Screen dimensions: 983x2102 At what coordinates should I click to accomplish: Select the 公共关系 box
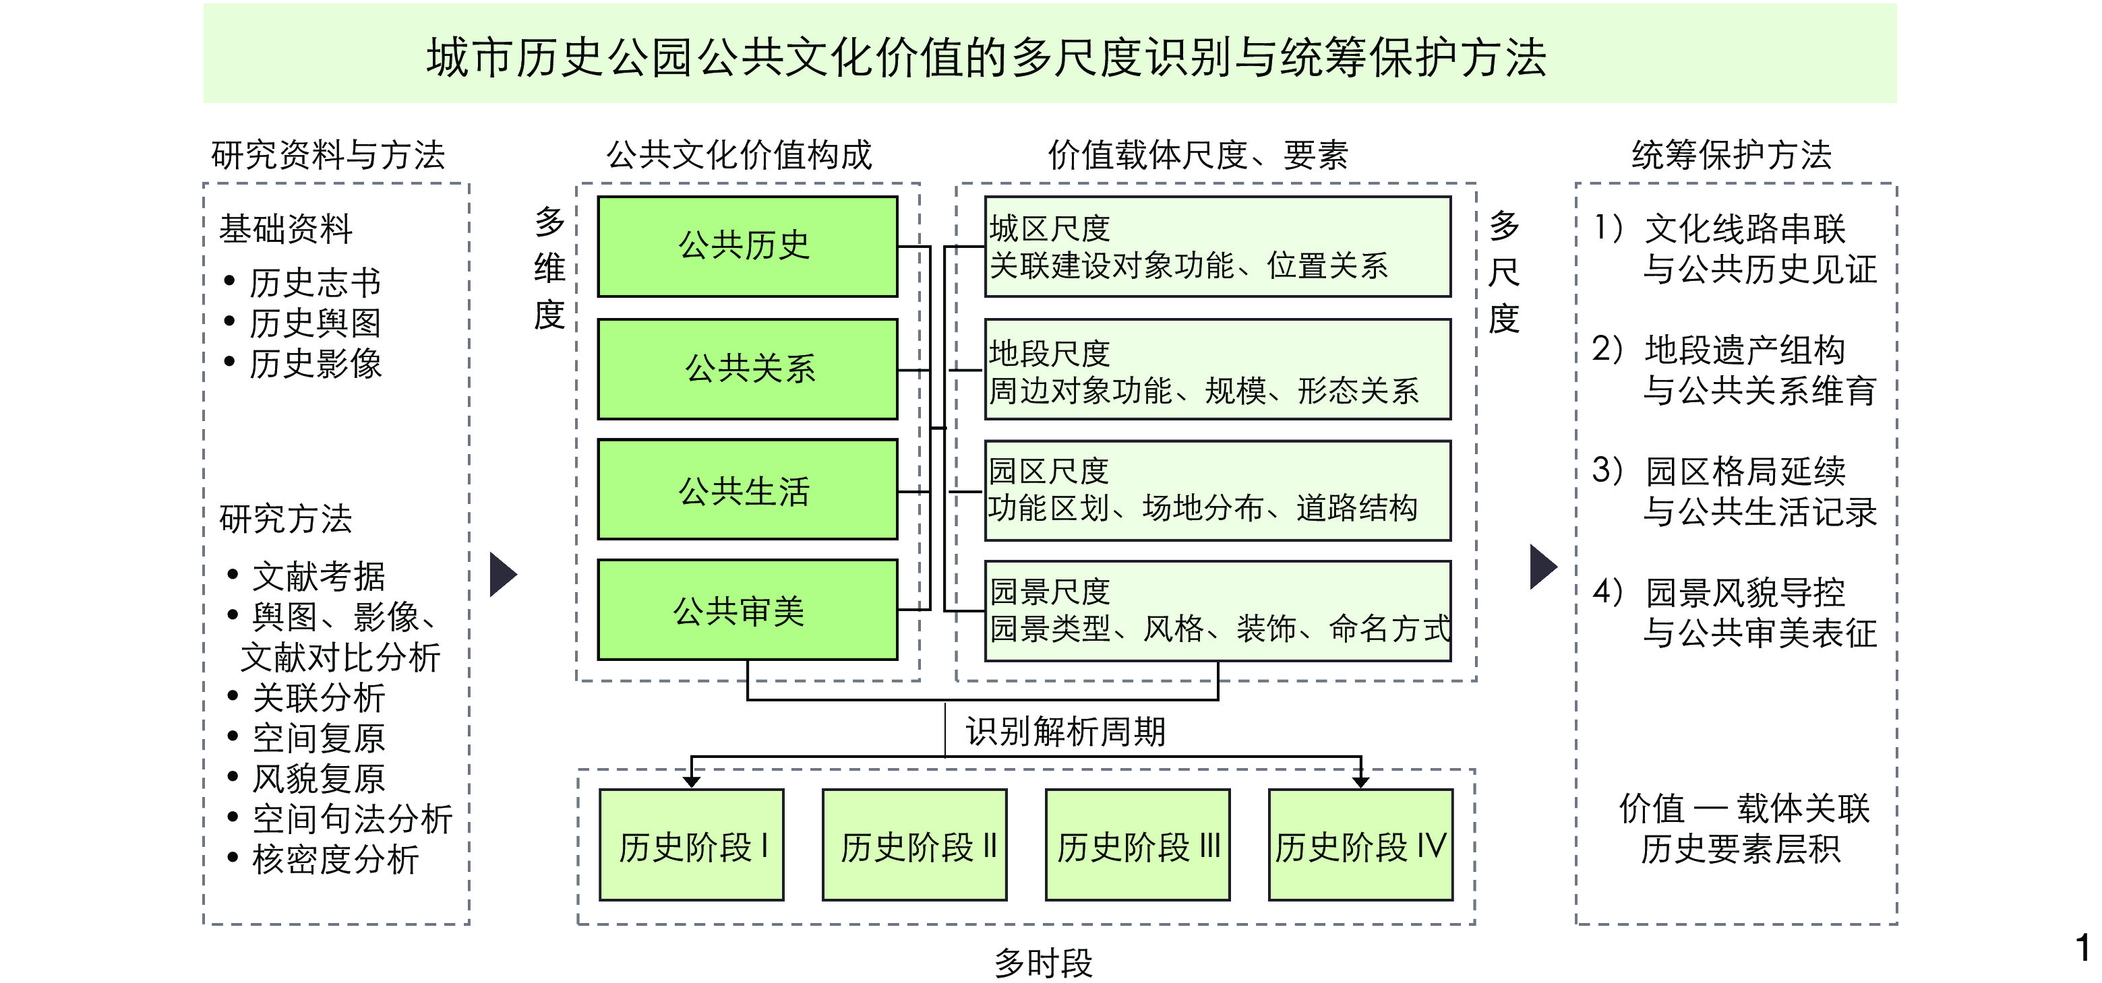click(x=747, y=369)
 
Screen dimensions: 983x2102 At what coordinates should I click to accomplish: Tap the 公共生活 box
click(x=747, y=489)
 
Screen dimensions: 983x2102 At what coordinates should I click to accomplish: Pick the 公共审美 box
click(x=747, y=609)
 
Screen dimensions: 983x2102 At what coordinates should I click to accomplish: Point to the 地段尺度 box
click(x=1217, y=369)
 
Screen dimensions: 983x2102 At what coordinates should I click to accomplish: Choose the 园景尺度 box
click(x=1217, y=610)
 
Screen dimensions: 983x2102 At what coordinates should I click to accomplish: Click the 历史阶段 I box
click(x=691, y=844)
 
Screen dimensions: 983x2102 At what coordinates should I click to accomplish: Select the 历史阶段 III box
click(x=1137, y=844)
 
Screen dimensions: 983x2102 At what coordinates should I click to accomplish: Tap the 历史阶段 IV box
click(x=1360, y=844)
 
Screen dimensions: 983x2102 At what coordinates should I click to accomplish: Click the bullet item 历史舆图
click(x=314, y=323)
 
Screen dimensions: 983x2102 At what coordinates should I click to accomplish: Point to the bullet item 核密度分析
click(x=334, y=859)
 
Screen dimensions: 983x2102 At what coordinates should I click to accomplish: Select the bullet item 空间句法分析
click(x=351, y=818)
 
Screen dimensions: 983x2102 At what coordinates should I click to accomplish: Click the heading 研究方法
click(x=286, y=519)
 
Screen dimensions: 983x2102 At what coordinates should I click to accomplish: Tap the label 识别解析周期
click(x=1065, y=732)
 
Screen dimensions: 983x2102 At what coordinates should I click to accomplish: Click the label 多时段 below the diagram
click(x=1043, y=963)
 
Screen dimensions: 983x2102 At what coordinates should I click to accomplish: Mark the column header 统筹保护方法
click(x=1731, y=155)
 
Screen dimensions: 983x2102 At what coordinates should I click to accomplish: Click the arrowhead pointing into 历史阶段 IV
click(x=1360, y=782)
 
